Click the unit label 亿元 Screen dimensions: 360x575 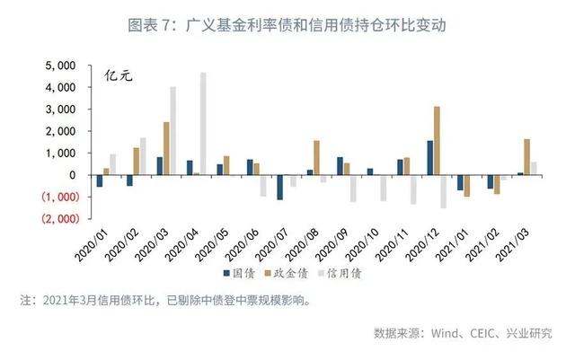click(x=119, y=75)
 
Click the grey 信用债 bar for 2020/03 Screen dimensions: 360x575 click(x=173, y=130)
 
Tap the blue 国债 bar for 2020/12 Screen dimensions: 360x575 click(x=429, y=157)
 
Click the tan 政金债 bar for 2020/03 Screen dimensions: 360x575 click(x=166, y=148)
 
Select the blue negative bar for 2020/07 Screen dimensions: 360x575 click(x=279, y=187)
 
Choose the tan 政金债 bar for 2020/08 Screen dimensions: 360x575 click(x=316, y=157)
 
